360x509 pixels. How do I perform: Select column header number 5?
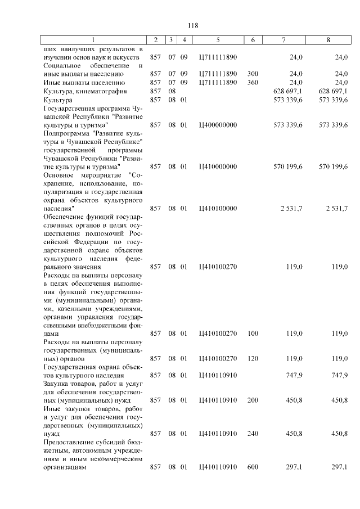tap(218, 40)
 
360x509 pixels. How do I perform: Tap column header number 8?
tap(328, 40)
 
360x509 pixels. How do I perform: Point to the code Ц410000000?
tap(218, 166)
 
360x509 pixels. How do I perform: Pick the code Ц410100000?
tap(218, 209)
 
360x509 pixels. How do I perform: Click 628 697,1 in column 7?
tap(287, 91)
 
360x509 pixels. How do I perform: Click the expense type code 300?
tap(253, 74)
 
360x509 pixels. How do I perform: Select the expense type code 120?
tap(253, 358)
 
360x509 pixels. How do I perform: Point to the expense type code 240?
tap(253, 434)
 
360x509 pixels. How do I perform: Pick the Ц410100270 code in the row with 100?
tap(218, 334)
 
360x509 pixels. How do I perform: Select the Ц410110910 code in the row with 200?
tap(218, 400)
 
